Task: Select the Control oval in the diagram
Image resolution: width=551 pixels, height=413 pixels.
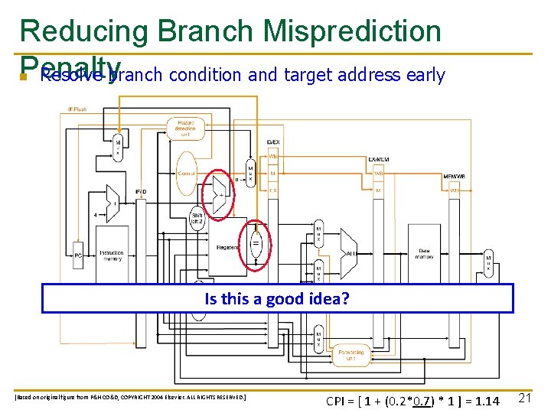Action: tap(187, 174)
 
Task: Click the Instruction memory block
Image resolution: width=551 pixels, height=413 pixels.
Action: tap(112, 255)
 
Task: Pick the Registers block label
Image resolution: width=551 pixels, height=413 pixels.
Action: tap(227, 247)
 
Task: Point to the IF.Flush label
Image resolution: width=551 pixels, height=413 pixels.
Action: tap(77, 109)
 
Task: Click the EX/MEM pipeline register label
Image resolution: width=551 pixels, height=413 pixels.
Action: tap(379, 158)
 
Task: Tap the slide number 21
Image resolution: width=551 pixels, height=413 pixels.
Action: tap(525, 398)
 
